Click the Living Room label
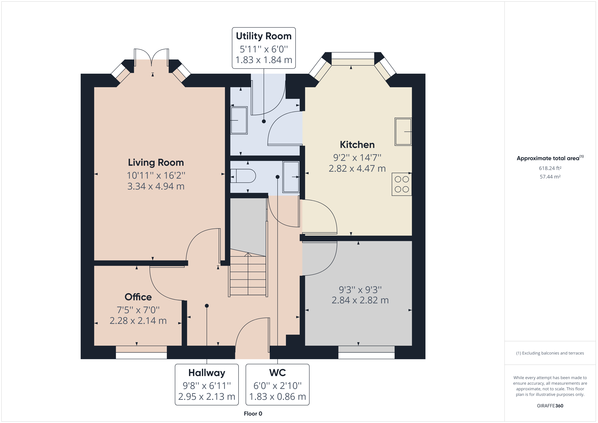[156, 163]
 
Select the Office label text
[138, 297]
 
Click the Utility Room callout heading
[264, 36]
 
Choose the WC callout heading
[277, 373]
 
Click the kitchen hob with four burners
[402, 184]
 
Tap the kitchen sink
[403, 132]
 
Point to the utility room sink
[239, 120]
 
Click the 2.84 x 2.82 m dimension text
[360, 300]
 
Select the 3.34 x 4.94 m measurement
[156, 186]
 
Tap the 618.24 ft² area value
[550, 168]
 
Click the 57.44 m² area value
[550, 177]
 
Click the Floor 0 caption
[253, 414]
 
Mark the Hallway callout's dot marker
[207, 306]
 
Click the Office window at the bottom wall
[141, 352]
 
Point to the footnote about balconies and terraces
[550, 353]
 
